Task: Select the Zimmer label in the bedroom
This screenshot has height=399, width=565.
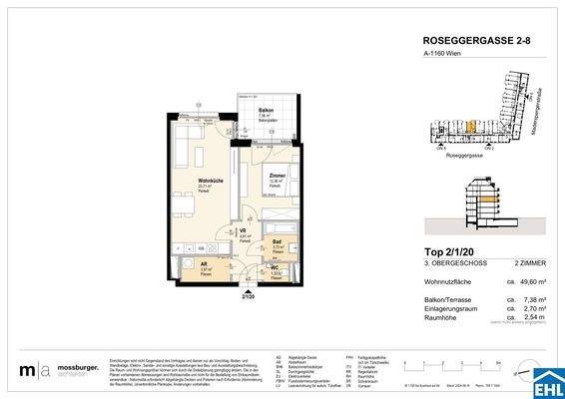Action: pos(277,176)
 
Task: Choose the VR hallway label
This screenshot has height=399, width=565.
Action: pos(244,230)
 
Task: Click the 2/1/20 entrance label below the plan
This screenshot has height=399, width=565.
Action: pos(247,296)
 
